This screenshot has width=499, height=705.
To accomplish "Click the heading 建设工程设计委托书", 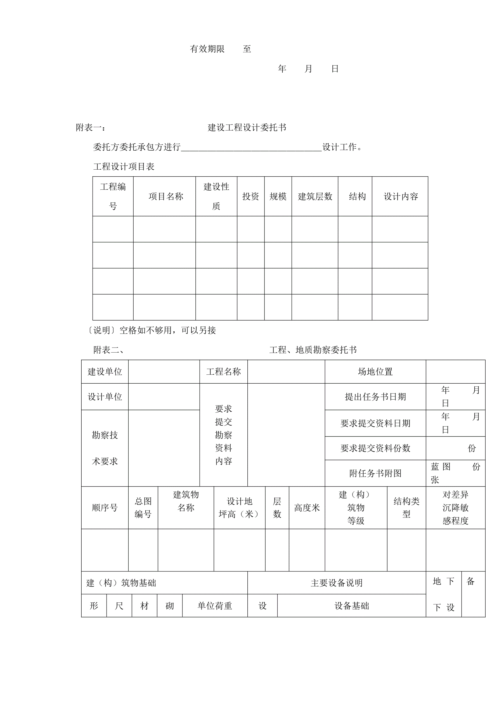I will point(247,127).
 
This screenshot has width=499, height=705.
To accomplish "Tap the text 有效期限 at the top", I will point(207,49).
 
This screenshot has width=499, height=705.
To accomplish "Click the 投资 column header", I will point(250,196).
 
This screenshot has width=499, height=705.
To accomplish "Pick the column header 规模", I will point(278,196).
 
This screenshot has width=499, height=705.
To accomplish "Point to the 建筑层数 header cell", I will point(315,196).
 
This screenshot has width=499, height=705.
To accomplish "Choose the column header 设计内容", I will point(401,196).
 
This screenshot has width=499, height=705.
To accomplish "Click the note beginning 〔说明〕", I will point(151,330).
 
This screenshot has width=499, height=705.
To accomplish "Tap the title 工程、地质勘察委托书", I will point(313,350).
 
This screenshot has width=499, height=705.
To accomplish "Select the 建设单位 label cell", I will point(105,372).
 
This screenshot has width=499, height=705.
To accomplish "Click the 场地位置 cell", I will point(375,372).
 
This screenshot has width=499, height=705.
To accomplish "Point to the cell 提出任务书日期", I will point(375,397).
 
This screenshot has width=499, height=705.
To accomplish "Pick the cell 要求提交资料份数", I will point(375,448).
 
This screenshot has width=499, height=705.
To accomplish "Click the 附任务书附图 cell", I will point(375,473).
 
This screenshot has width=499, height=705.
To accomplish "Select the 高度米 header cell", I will point(307,508).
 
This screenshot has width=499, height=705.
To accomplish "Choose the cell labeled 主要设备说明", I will point(337,583).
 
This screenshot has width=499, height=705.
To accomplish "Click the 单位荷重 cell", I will point(214,606).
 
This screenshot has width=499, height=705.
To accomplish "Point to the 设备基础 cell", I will point(351,606).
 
